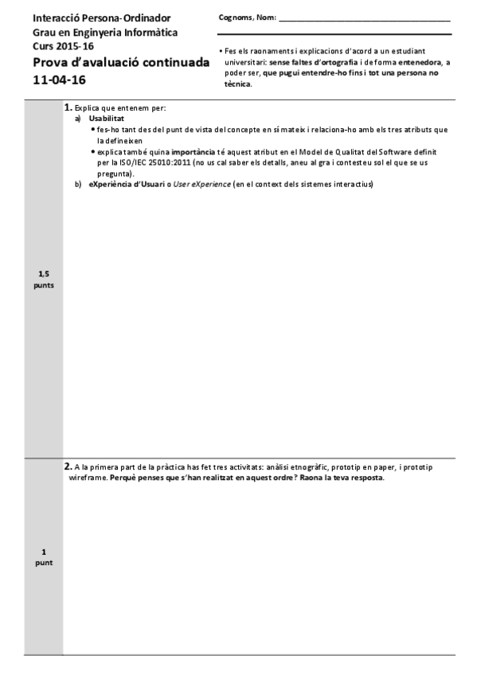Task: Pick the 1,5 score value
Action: pyautogui.click(x=44, y=274)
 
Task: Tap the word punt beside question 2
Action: pyautogui.click(x=44, y=563)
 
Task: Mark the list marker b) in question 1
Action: pyautogui.click(x=78, y=185)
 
